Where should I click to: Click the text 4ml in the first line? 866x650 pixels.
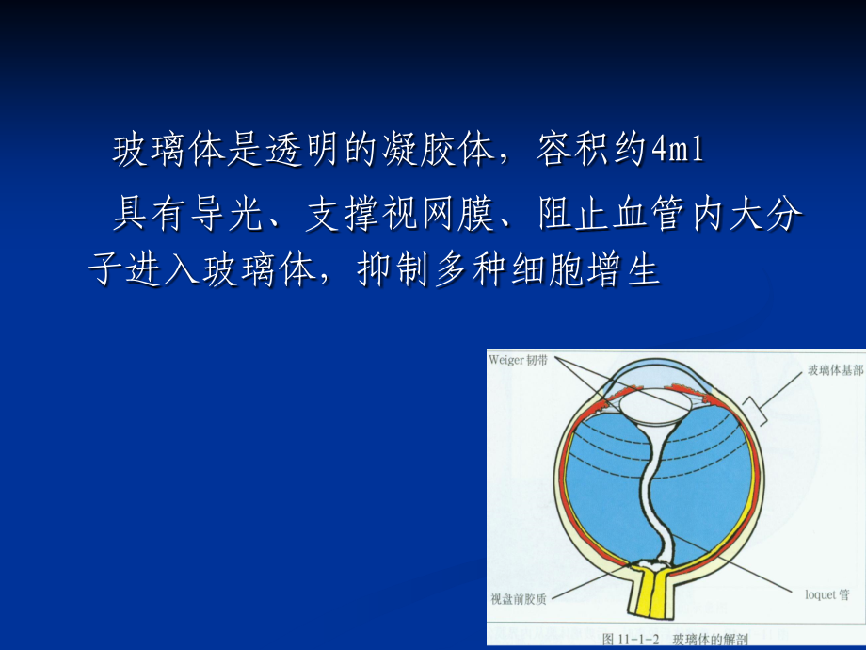[x=678, y=149]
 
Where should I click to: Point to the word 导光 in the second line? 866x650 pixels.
[x=227, y=213]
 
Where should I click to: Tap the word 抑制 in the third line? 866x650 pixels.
[x=393, y=269]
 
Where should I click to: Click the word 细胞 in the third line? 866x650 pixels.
[x=547, y=269]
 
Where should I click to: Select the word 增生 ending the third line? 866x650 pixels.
[x=624, y=269]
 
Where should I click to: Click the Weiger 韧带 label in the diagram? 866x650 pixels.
[x=518, y=361]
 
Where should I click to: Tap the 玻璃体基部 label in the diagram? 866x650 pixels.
[x=836, y=370]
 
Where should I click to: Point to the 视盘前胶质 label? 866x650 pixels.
[x=519, y=599]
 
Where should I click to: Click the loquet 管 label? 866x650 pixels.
[x=827, y=594]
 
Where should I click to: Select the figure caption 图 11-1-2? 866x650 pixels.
[x=631, y=640]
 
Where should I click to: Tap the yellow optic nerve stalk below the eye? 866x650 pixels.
[x=651, y=591]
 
